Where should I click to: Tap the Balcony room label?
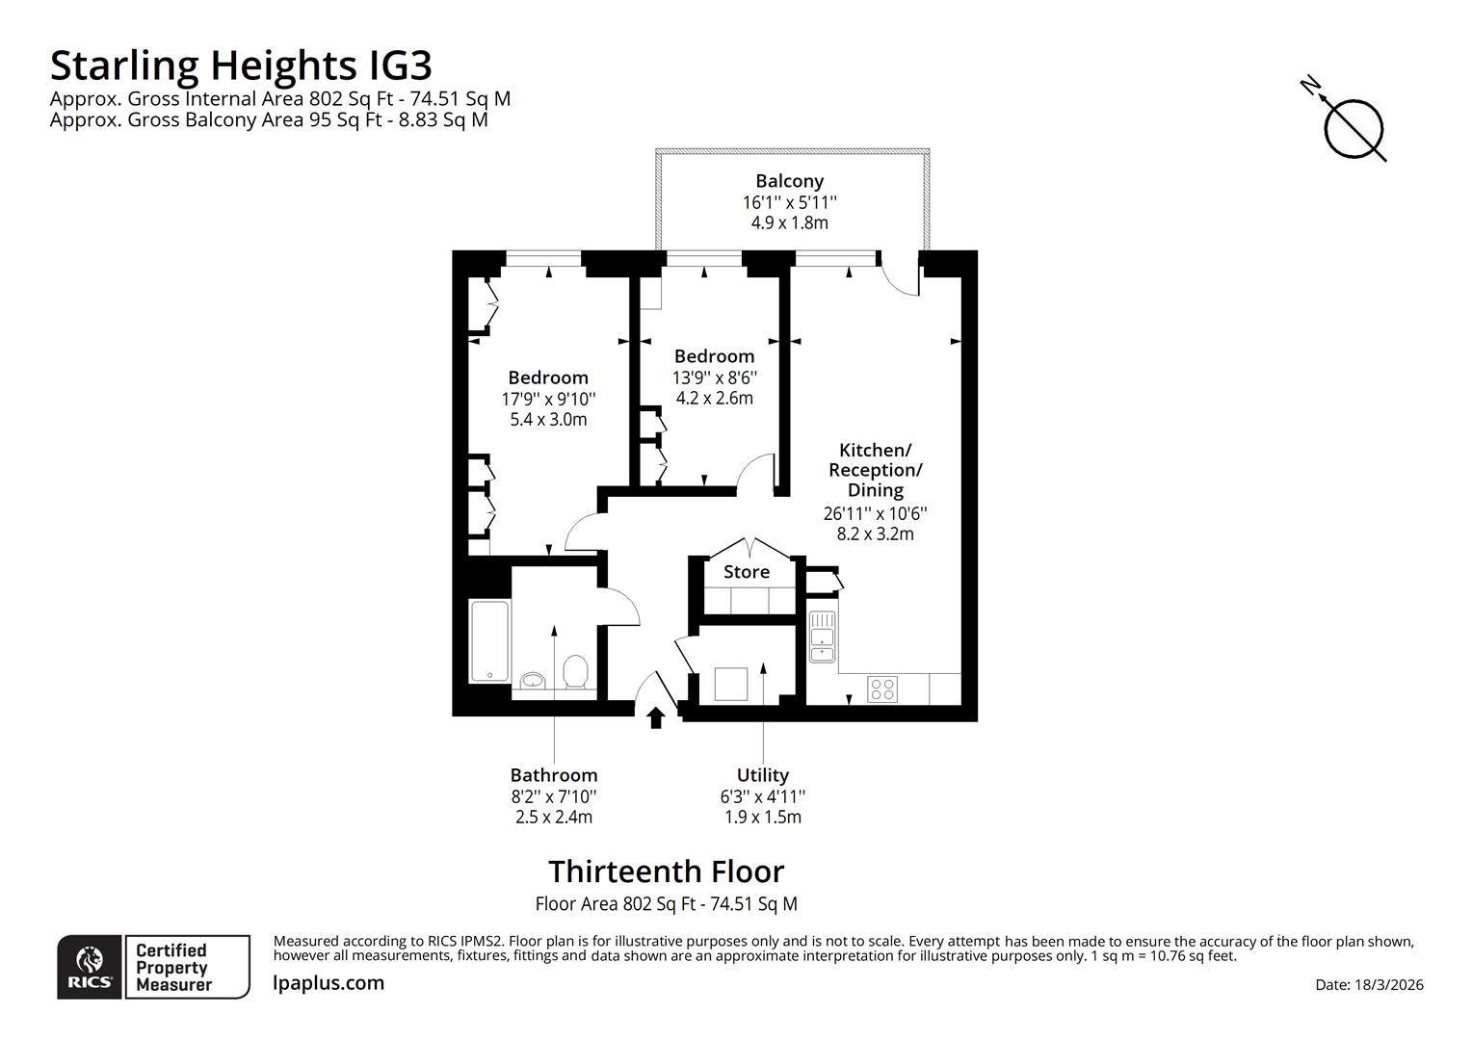tap(789, 181)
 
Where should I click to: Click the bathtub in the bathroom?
tap(489, 642)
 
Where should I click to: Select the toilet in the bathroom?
tap(575, 671)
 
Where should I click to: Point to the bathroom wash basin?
tap(531, 681)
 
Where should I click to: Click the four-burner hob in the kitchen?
tap(882, 689)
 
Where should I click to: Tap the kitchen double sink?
tap(822, 637)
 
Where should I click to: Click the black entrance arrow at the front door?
tap(656, 717)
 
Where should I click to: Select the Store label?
tap(747, 572)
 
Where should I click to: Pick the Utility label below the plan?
tap(762, 775)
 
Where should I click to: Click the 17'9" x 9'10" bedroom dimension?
tap(548, 399)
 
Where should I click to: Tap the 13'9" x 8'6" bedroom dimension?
tap(714, 377)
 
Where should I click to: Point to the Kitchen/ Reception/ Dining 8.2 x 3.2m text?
tap(875, 533)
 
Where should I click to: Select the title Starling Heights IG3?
tap(241, 65)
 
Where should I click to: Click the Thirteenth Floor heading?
tap(666, 871)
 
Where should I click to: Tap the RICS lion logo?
tap(90, 966)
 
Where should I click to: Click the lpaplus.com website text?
tap(329, 983)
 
